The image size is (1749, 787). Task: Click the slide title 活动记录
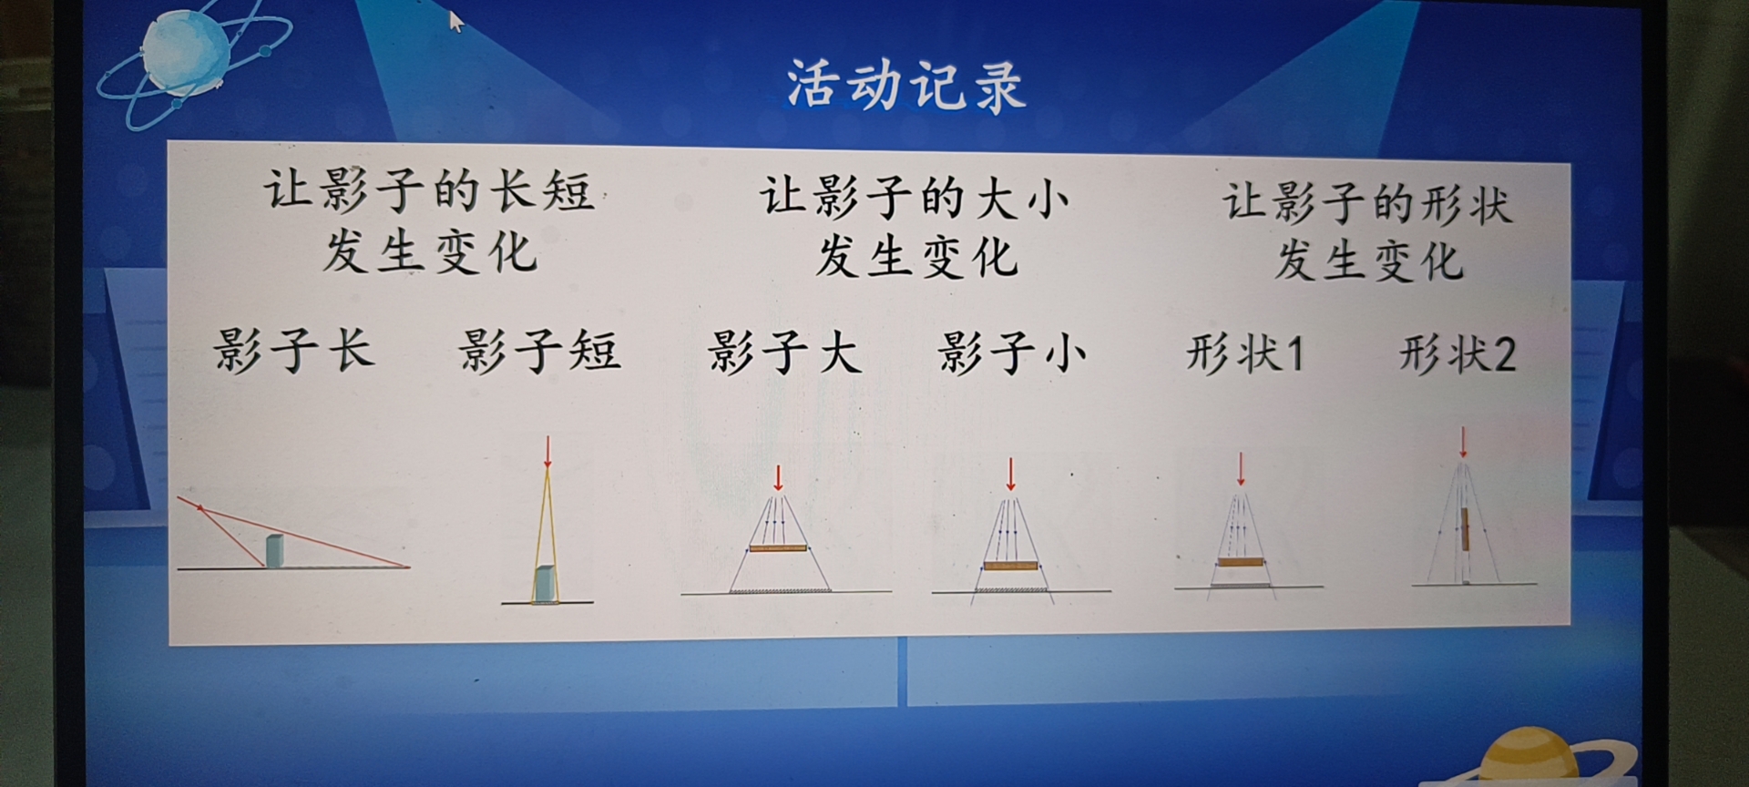[x=905, y=86]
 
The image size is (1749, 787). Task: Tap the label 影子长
[x=293, y=350]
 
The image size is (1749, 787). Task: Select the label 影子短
[x=539, y=352]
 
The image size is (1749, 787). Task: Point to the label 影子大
[x=784, y=352]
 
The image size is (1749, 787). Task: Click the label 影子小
[x=1012, y=353]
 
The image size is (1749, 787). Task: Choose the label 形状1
[x=1244, y=353]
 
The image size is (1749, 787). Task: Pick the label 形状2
[x=1457, y=354]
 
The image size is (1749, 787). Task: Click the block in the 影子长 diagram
[x=273, y=551]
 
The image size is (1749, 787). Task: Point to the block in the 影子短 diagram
[x=545, y=584]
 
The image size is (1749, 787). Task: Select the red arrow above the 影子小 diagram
[x=1010, y=475]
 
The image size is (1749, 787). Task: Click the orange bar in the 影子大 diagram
[x=778, y=548]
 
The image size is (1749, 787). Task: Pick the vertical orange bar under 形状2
[x=1465, y=529]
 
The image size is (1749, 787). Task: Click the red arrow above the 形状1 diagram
[x=1241, y=470]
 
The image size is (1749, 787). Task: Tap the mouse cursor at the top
[x=455, y=20]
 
